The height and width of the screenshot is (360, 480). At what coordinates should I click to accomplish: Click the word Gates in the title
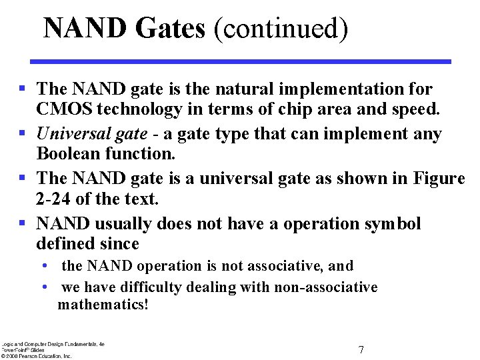(x=169, y=29)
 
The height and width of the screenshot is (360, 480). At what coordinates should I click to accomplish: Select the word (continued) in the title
(x=281, y=29)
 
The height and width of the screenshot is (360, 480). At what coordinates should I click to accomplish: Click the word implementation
(x=351, y=89)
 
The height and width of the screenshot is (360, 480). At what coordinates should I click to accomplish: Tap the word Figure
(x=436, y=179)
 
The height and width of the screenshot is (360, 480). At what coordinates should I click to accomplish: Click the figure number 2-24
(x=53, y=199)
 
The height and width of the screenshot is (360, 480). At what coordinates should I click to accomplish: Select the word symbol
(x=393, y=223)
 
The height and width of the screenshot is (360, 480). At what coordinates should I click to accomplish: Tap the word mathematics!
(x=103, y=305)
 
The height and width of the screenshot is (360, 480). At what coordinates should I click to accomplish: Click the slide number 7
(x=361, y=349)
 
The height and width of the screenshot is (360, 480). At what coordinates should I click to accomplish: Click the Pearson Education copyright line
(x=37, y=356)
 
